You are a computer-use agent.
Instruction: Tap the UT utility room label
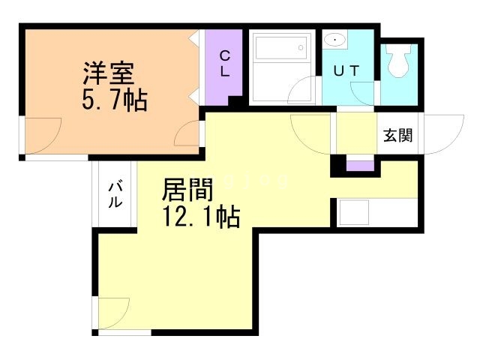point(346,70)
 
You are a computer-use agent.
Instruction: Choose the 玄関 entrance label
point(397,136)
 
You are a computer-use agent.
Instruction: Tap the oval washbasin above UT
point(335,40)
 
